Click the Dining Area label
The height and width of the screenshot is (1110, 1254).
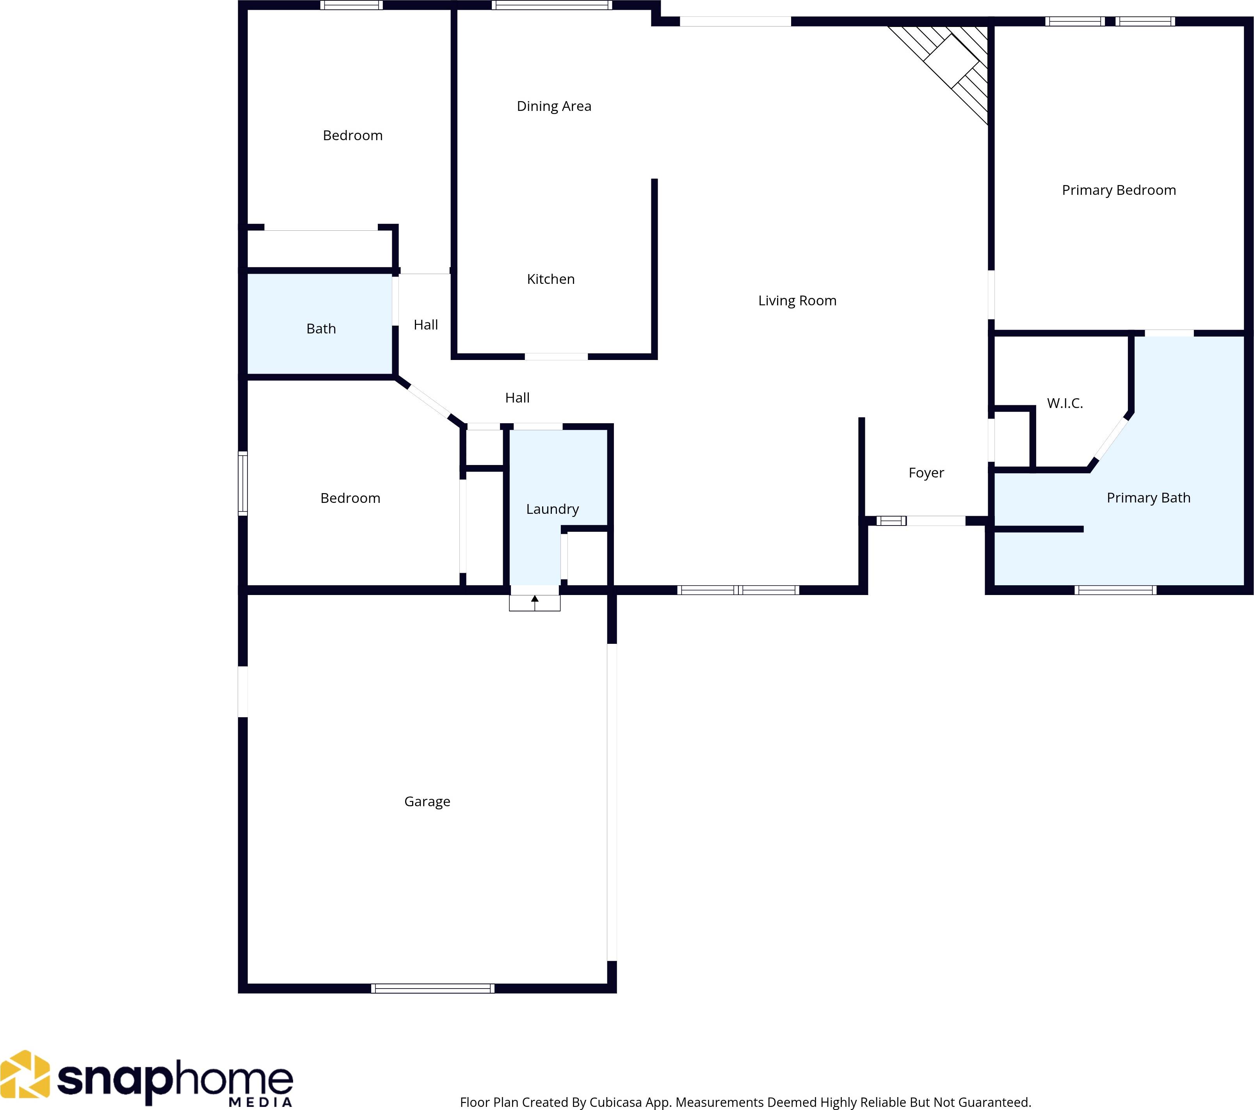coord(554,106)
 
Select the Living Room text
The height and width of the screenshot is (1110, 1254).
coord(797,301)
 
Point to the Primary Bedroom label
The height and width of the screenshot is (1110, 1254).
coord(1119,190)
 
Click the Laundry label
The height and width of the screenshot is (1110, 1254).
coord(552,509)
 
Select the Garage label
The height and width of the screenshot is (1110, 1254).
coord(427,801)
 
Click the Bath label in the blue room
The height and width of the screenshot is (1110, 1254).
coord(321,329)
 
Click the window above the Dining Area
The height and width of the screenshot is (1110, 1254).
coord(551,5)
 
